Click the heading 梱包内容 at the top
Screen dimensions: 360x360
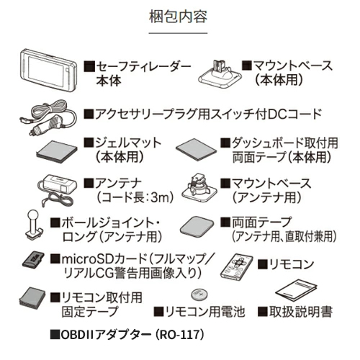coord(178,17)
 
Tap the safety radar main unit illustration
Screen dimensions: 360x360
coord(48,71)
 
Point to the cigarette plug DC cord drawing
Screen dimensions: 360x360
coord(48,117)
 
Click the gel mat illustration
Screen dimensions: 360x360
coord(57,151)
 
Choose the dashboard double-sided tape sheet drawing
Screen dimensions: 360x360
coord(197,150)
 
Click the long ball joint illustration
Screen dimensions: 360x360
coord(34,225)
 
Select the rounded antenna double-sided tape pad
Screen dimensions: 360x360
coord(197,227)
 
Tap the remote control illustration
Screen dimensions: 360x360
coord(236,266)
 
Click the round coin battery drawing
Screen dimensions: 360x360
coord(199,294)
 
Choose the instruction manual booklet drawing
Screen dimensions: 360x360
coord(296,291)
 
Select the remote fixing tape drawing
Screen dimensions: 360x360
coord(32,299)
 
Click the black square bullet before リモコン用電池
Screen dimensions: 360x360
coord(158,312)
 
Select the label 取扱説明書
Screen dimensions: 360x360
coord(301,312)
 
